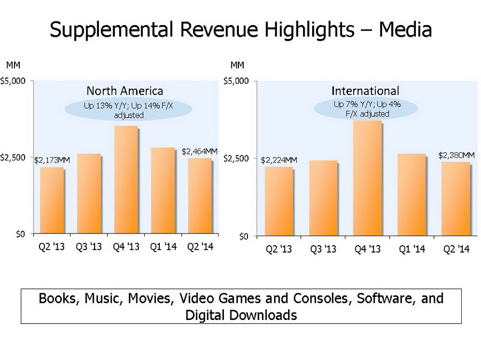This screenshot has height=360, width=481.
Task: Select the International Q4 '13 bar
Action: coord(368,178)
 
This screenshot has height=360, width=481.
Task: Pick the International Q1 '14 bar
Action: coord(412,195)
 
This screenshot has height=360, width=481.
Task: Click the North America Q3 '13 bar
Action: coord(88,194)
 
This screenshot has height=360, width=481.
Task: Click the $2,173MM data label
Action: coord(52,160)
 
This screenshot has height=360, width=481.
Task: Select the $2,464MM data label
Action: coord(199,151)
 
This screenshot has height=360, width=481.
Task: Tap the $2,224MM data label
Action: coord(279,160)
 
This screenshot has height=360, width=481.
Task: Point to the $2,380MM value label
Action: coord(456,155)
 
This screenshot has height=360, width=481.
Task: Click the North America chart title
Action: coord(125,91)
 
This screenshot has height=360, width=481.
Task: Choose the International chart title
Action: coord(365,91)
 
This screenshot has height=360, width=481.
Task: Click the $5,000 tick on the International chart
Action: coord(236,81)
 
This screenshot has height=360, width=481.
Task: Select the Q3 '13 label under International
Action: coord(323,249)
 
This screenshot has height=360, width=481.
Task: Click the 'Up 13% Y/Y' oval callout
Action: coord(128,110)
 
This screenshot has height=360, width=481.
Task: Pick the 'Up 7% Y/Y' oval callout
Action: coord(367,109)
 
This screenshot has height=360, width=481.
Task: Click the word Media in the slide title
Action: coord(405,30)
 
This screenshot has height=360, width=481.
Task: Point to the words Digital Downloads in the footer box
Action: coord(241,315)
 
